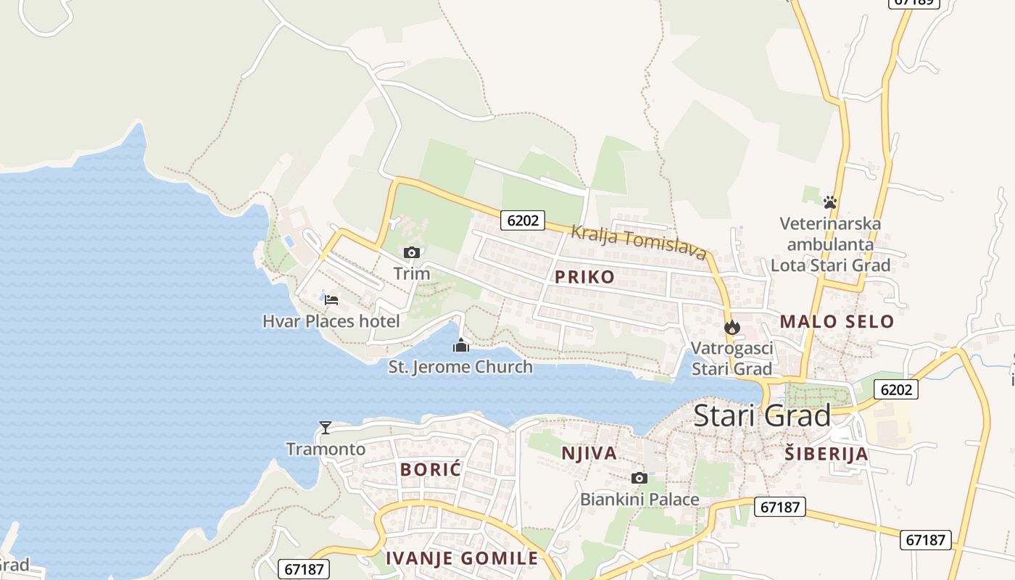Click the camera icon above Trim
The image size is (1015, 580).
pos(411,252)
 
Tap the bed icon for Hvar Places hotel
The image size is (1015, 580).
pos(331,299)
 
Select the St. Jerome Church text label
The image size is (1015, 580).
pos(460,367)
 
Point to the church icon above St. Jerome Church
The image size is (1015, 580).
pos(460,346)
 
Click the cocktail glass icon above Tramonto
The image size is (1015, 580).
pos(326,428)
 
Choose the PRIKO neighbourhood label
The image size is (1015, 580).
pos(584,276)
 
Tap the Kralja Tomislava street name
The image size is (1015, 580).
pos(638,242)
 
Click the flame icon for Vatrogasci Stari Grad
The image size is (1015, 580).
pos(732,327)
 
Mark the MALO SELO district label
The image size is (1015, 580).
pos(837,321)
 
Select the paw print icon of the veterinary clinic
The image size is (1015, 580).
pos(830,202)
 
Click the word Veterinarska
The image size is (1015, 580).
pos(830,223)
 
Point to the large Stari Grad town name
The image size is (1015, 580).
pos(762,416)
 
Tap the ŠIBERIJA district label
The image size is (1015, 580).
pos(826,454)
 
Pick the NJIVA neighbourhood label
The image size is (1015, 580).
pos(589,453)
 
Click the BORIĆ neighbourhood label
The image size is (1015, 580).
pos(431,469)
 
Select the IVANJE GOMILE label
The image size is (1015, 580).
pos(462,558)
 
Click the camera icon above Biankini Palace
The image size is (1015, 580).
pos(639,478)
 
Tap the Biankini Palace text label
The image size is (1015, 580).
pos(639,500)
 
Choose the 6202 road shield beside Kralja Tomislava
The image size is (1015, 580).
pos(522,220)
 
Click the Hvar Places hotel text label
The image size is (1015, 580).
pos(331,321)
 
